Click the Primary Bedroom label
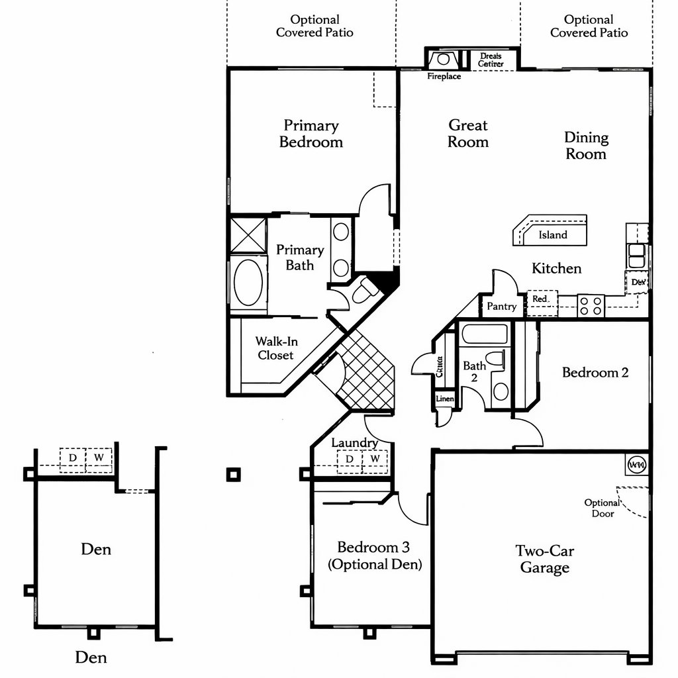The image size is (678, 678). coord(311,134)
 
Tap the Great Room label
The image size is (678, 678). coord(467,133)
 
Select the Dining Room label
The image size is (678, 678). coord(585,146)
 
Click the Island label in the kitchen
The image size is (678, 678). coord(552,235)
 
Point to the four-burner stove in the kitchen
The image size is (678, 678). coord(591,305)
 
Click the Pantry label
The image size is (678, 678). coord(501,307)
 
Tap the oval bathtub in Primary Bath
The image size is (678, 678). coord(248,283)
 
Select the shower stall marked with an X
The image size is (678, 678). coord(248,234)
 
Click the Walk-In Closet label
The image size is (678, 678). coord(275,348)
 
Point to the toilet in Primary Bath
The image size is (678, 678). coord(362,290)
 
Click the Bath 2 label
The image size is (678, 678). coord(474,371)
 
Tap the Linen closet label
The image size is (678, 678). coord(445,399)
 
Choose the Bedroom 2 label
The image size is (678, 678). coord(595,373)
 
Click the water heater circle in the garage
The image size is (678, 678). coord(636,465)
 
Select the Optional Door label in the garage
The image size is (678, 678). coord(602,508)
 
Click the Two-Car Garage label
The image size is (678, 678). coord(544,559)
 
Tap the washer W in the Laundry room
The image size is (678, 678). coord(375,459)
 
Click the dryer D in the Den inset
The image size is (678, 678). coord(73,457)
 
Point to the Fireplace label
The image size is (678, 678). coord(444,77)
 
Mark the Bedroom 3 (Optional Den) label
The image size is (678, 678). coord(374,556)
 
